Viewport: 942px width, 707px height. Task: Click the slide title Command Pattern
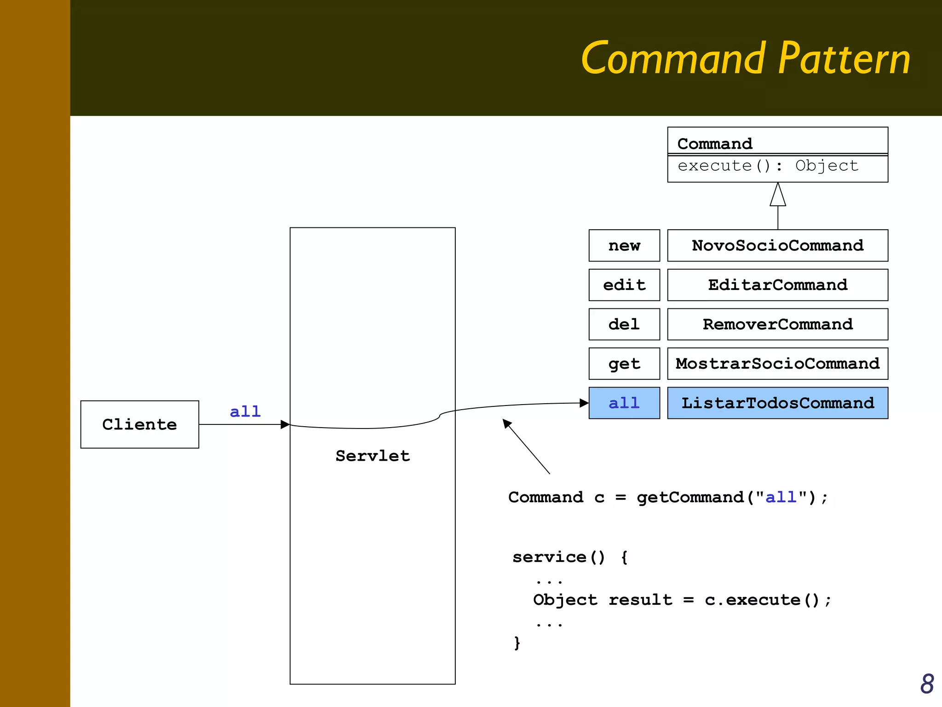745,58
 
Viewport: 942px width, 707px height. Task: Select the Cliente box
139,424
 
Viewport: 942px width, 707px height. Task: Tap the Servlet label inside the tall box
372,456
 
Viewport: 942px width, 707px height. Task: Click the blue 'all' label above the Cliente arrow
245,411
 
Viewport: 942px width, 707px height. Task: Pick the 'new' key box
624,245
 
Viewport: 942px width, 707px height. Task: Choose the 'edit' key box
624,285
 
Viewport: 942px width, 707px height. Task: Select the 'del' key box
624,324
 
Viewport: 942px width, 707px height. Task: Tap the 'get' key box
624,364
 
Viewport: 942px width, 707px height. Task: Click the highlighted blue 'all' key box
624,403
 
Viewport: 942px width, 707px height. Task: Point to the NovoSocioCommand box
777,245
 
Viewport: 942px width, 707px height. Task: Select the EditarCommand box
777,285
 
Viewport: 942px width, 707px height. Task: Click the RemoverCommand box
777,324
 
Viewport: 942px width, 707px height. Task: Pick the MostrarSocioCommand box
777,364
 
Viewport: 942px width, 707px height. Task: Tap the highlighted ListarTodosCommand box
777,403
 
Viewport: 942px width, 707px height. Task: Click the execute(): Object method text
768,166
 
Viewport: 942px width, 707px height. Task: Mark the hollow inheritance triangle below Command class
778,196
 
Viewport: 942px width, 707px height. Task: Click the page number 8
927,684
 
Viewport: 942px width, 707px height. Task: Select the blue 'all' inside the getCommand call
781,497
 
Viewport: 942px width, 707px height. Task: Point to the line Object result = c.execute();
682,600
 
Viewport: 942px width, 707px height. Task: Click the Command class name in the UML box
715,144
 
